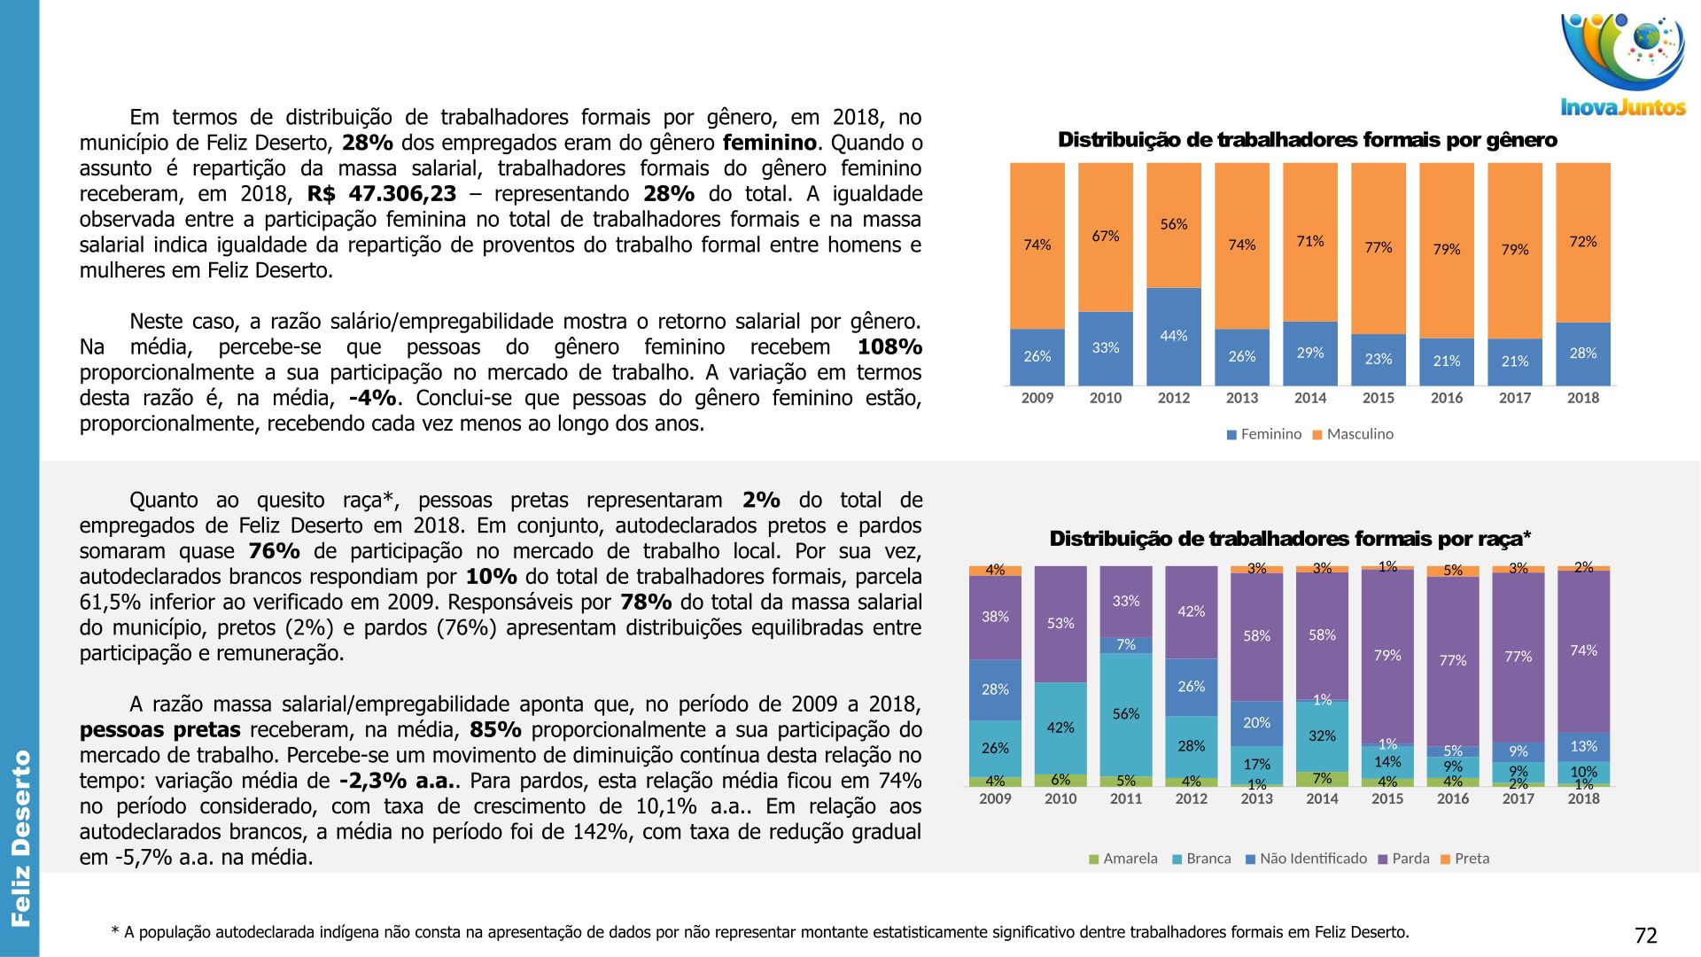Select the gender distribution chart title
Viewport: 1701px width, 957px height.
click(1307, 140)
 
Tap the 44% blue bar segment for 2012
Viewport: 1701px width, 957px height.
click(1174, 336)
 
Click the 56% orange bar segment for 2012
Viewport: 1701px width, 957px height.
click(1174, 225)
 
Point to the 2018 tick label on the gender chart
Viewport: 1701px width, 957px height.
click(1582, 398)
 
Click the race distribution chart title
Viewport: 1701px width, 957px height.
click(1290, 539)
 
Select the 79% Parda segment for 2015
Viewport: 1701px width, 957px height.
click(1387, 656)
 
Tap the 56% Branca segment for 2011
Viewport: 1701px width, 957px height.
click(1126, 714)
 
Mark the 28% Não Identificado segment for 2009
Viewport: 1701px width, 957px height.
click(995, 689)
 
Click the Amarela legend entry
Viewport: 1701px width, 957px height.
click(1122, 859)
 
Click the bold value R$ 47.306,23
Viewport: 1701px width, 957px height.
click(382, 194)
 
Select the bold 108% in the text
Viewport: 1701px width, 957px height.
click(889, 346)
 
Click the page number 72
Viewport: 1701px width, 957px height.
click(1645, 936)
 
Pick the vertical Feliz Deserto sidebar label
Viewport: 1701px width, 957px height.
click(20, 837)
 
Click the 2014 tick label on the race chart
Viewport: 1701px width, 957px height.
click(1322, 799)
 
